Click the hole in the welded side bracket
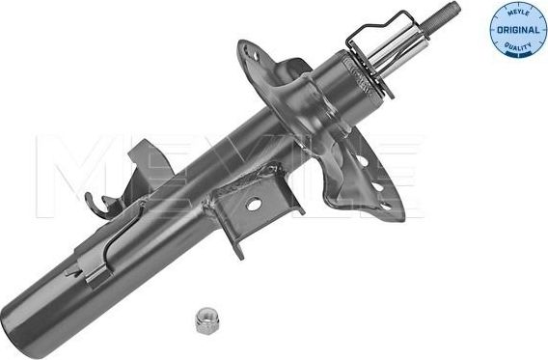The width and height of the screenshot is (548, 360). click(x=254, y=204)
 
